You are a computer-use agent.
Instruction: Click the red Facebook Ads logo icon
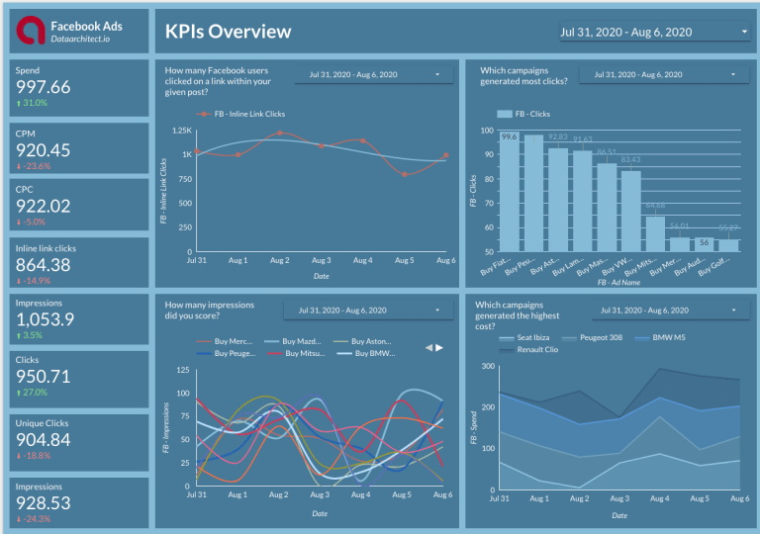33,32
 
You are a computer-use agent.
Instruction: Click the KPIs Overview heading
228,32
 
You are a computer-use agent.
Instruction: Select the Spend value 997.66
44,87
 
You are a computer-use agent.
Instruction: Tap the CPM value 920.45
44,149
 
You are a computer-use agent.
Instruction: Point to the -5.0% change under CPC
33,222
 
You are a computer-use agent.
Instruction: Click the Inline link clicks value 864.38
44,264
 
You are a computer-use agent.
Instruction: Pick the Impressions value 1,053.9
46,319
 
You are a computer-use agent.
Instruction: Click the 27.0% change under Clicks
33,393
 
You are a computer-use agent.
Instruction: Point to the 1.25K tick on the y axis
181,131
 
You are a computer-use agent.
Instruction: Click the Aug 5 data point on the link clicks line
404,174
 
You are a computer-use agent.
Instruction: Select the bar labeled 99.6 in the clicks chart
509,188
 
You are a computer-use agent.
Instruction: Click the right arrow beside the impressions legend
440,347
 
